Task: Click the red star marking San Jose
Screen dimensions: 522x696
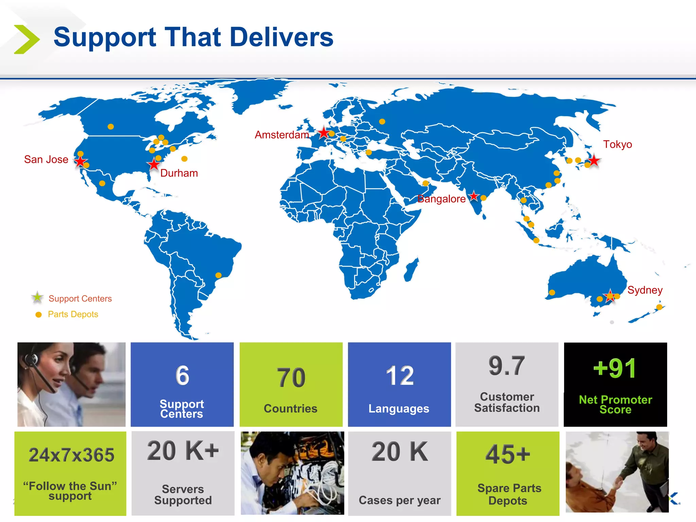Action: pyautogui.click(x=80, y=161)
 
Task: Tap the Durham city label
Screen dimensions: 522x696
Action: pyautogui.click(x=179, y=173)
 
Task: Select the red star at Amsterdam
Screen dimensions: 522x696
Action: pyautogui.click(x=324, y=133)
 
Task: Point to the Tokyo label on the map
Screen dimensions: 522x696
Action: pyautogui.click(x=617, y=144)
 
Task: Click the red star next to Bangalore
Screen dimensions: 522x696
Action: pyautogui.click(x=474, y=196)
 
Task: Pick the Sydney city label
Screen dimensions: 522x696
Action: pyautogui.click(x=645, y=290)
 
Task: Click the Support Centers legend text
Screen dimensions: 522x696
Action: pyautogui.click(x=80, y=298)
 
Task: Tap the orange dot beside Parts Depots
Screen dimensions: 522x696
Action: pyautogui.click(x=39, y=315)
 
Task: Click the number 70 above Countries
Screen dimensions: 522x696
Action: pyautogui.click(x=291, y=378)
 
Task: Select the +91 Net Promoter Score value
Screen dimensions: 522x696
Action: pyautogui.click(x=615, y=368)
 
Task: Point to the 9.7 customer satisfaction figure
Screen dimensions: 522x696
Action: pyautogui.click(x=507, y=366)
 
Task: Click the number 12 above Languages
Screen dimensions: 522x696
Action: pyautogui.click(x=400, y=376)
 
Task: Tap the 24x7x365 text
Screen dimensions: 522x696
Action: pyautogui.click(x=71, y=455)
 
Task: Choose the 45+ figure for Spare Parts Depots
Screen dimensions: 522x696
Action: pyautogui.click(x=508, y=454)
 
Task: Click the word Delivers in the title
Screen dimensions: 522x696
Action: pyautogui.click(x=282, y=37)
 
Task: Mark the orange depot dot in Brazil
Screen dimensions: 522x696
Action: pyautogui.click(x=219, y=275)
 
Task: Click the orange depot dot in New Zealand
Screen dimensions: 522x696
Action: pyautogui.click(x=659, y=307)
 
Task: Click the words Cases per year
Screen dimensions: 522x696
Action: pyautogui.click(x=400, y=500)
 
